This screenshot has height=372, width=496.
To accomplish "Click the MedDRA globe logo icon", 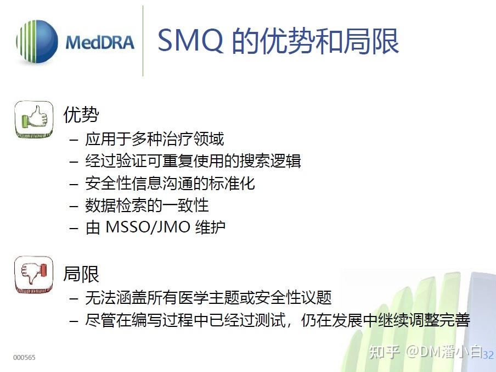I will [x=37, y=42].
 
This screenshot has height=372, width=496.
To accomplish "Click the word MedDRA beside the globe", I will [x=99, y=43].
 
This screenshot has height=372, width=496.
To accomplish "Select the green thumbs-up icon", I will [x=33, y=119].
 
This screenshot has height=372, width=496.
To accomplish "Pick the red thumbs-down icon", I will [x=33, y=274].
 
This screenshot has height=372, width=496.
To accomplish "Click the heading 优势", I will [x=81, y=115].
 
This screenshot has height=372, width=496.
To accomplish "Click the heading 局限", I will [x=81, y=273].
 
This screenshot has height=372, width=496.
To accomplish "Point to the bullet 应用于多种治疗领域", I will [x=155, y=139].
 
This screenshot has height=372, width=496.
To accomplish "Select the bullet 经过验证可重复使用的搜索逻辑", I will [x=193, y=161].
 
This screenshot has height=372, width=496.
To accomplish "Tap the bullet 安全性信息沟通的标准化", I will [x=170, y=183].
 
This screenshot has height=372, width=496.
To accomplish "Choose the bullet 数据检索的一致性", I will [x=147, y=205].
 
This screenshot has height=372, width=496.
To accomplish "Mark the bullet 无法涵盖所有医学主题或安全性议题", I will [x=208, y=298].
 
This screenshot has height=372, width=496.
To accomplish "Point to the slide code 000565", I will [x=24, y=358].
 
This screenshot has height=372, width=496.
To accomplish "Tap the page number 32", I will [x=488, y=356].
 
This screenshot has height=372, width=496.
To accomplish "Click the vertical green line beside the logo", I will [x=143, y=41].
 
